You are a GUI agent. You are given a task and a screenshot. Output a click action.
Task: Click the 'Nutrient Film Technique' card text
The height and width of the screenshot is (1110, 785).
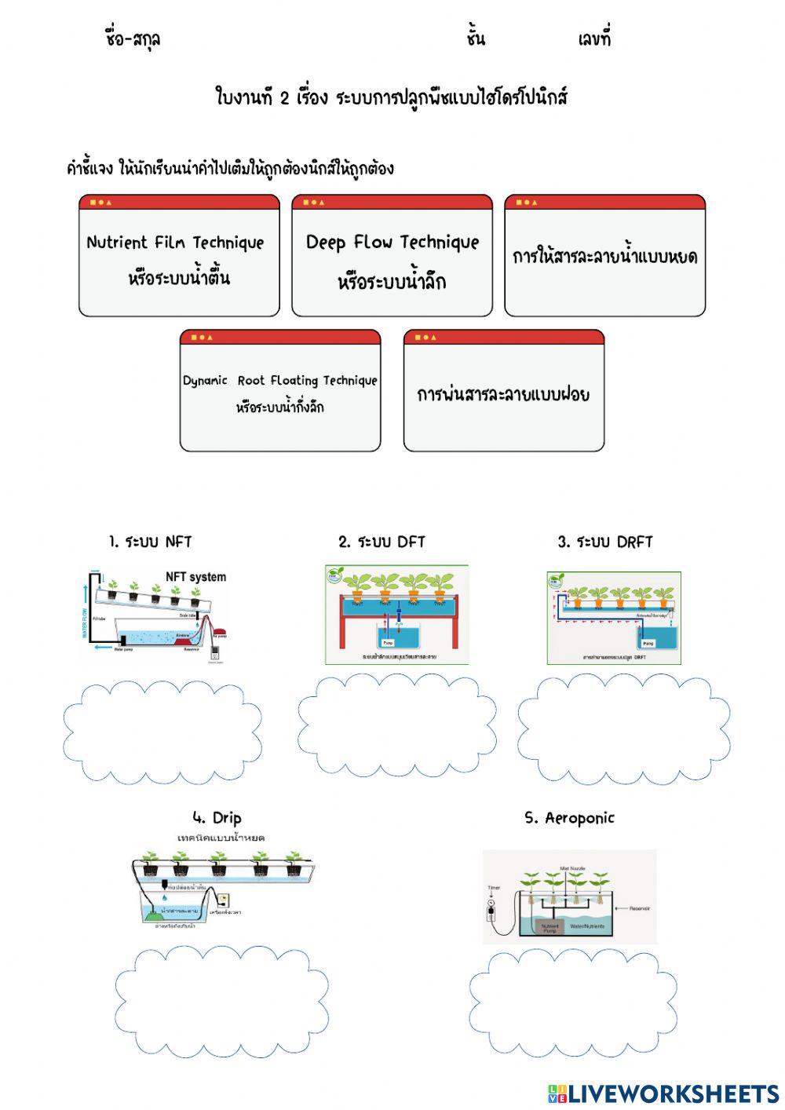tap(175, 243)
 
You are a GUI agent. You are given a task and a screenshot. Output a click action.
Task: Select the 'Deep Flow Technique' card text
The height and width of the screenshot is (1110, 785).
tap(392, 242)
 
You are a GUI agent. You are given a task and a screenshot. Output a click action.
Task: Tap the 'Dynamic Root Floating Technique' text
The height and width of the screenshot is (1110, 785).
tap(279, 381)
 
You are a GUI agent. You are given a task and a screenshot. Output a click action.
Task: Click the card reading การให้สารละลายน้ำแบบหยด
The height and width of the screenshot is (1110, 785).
tap(604, 257)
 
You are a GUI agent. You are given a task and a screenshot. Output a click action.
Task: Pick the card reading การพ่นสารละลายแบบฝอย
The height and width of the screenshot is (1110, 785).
tap(503, 394)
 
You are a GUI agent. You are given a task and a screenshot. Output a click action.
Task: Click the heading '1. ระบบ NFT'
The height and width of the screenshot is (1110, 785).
tap(150, 542)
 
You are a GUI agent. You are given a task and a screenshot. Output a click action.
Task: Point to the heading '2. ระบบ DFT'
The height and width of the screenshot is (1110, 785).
tap(382, 542)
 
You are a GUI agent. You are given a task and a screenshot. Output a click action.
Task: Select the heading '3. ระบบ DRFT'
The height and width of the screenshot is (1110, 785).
tap(604, 542)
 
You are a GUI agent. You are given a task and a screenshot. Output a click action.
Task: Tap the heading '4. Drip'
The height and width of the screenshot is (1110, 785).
tap(217, 818)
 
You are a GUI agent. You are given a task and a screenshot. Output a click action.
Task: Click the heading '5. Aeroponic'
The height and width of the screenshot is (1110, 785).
tap(569, 818)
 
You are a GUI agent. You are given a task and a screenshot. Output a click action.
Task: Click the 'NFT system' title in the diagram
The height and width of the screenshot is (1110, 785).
tap(195, 577)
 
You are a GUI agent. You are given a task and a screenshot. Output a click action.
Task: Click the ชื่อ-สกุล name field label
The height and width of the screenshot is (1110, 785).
tap(133, 38)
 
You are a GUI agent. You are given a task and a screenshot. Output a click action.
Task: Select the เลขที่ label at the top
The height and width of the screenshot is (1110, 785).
tap(593, 38)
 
